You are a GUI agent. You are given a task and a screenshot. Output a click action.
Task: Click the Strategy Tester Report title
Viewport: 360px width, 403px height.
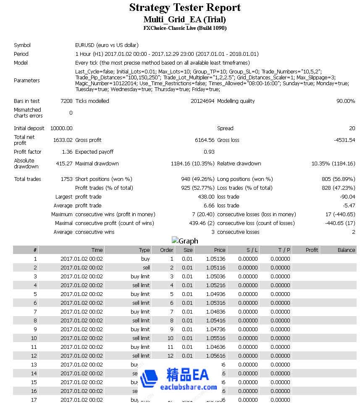click(x=185, y=8)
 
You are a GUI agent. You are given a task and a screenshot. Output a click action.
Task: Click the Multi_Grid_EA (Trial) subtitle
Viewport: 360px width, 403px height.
click(x=185, y=20)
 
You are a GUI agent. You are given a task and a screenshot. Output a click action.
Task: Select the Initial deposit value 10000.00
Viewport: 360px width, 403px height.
click(x=61, y=128)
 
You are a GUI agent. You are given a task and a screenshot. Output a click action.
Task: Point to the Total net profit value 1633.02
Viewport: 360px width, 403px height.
click(x=63, y=140)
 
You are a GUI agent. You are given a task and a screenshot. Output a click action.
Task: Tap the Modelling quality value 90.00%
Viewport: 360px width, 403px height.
click(x=346, y=101)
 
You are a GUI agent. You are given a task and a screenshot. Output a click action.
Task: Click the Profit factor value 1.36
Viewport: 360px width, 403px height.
click(x=67, y=152)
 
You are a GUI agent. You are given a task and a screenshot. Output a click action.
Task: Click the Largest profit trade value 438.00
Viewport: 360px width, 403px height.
click(x=206, y=197)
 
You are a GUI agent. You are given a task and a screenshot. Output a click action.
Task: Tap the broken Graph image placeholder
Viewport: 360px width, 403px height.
click(x=185, y=241)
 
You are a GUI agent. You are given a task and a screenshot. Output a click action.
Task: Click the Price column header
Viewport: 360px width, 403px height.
click(x=219, y=250)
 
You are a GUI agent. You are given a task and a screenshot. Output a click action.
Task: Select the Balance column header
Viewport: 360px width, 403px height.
click(x=346, y=250)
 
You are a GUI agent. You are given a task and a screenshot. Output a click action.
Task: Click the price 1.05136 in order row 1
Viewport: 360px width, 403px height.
click(x=215, y=259)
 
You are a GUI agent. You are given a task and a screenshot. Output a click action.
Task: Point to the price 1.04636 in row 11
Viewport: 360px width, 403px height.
click(x=215, y=347)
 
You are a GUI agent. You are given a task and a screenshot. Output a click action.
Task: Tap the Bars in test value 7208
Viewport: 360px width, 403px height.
click(x=66, y=101)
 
